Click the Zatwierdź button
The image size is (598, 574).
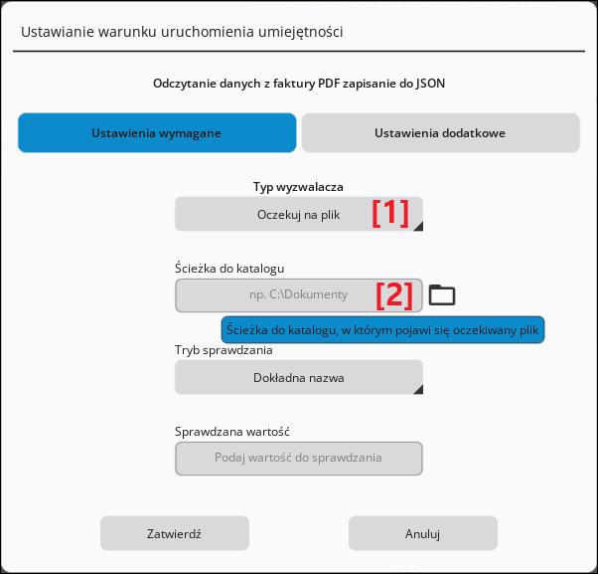pyautogui.click(x=175, y=533)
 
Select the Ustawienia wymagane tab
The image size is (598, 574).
pyautogui.click(x=157, y=133)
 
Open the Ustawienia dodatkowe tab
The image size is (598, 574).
pyautogui.click(x=440, y=133)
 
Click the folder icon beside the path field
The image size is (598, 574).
pyautogui.click(x=442, y=294)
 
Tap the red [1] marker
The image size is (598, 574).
pyautogui.click(x=390, y=213)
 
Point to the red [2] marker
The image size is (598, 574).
pyautogui.click(x=394, y=295)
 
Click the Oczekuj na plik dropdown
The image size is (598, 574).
pyautogui.click(x=299, y=214)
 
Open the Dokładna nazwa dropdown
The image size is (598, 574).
pyautogui.click(x=299, y=377)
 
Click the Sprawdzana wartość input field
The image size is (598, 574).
pyautogui.click(x=299, y=459)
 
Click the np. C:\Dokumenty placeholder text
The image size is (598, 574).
pyautogui.click(x=299, y=294)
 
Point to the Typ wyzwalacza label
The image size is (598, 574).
pyautogui.click(x=298, y=187)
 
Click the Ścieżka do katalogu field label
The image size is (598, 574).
pyautogui.click(x=229, y=268)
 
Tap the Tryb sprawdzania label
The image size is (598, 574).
pyautogui.click(x=224, y=350)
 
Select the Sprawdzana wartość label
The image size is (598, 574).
pyautogui.click(x=232, y=432)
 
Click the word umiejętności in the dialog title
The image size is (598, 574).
pyautogui.click(x=301, y=32)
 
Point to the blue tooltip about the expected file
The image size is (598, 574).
pyautogui.click(x=382, y=329)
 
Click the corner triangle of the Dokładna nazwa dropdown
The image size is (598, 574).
pyautogui.click(x=419, y=390)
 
